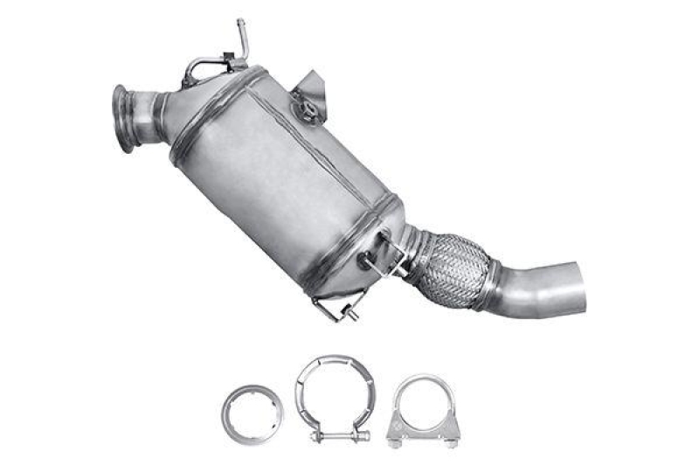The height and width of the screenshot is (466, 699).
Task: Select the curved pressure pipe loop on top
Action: coord(204,66)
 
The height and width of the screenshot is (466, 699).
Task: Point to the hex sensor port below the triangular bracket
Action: coord(308,109)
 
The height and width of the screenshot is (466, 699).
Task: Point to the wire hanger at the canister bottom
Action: coord(336,306)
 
